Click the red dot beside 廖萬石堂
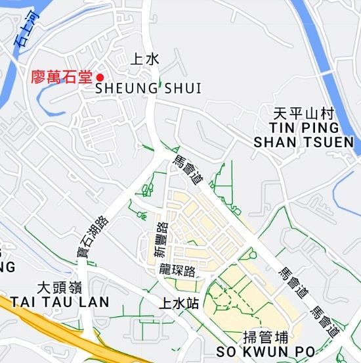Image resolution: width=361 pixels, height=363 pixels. [100, 77]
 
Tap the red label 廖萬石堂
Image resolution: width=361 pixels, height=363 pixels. [62, 77]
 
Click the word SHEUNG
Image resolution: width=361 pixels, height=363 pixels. [127, 88]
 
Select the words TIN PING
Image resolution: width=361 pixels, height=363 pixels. [305, 127]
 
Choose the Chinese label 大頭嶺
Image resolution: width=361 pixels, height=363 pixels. [60, 288]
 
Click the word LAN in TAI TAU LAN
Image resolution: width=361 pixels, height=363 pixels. [96, 302]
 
